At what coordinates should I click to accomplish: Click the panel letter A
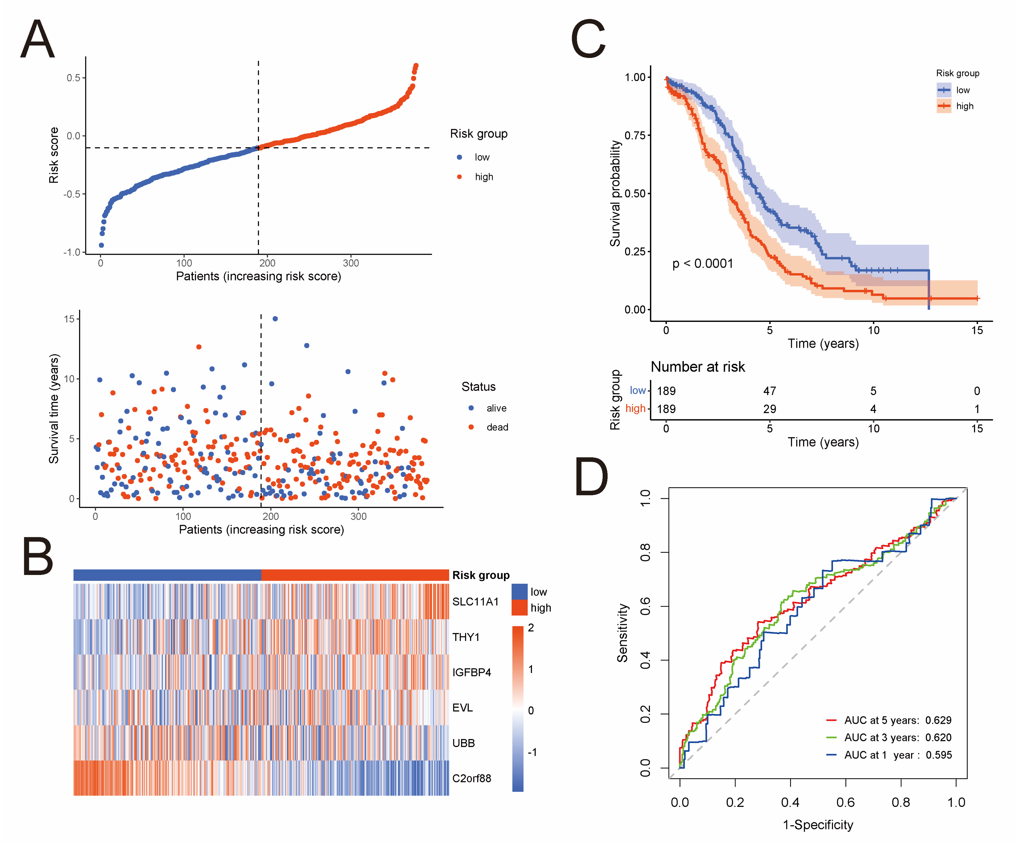point(37,39)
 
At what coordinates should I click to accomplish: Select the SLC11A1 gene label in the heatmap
point(475,601)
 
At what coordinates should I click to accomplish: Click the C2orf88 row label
point(471,778)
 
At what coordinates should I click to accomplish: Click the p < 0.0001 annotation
point(703,264)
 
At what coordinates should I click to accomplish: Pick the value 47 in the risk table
point(769,391)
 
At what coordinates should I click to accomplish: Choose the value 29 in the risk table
point(769,409)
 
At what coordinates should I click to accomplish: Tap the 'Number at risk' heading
point(697,367)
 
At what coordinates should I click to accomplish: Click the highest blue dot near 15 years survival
point(275,319)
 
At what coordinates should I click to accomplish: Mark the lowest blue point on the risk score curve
point(101,245)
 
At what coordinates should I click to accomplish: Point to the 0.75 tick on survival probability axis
point(635,135)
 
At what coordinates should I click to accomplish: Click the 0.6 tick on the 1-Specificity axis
point(845,802)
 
